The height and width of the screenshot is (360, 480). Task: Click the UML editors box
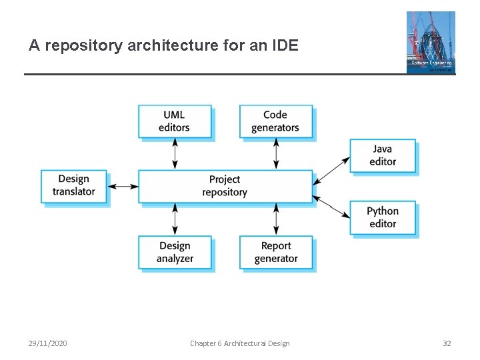[175, 121]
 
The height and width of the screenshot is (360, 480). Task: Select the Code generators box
[275, 121]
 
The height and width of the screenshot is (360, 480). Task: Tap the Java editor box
[383, 155]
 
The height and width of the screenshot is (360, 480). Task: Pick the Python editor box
[383, 217]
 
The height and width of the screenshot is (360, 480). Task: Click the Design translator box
[74, 185]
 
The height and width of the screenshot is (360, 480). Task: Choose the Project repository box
[225, 186]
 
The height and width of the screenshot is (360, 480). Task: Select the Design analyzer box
[175, 252]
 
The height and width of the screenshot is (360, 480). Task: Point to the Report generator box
[276, 252]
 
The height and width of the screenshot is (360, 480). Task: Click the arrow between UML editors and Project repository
[175, 153]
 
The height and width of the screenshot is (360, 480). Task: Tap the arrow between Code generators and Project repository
[276, 153]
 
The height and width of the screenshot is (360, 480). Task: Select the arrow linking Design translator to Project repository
[123, 186]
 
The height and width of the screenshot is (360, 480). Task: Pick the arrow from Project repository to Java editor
[331, 170]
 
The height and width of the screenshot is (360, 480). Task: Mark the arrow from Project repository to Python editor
[331, 206]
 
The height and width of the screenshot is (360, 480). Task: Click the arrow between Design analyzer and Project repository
[175, 219]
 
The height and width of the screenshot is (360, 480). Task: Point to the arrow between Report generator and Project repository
[276, 219]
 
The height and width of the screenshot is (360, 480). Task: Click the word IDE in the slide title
[285, 46]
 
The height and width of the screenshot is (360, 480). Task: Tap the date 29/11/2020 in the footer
[47, 343]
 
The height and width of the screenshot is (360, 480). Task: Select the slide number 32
[447, 343]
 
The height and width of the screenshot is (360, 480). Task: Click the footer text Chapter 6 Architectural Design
[240, 343]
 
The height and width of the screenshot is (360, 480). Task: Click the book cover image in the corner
[431, 42]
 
